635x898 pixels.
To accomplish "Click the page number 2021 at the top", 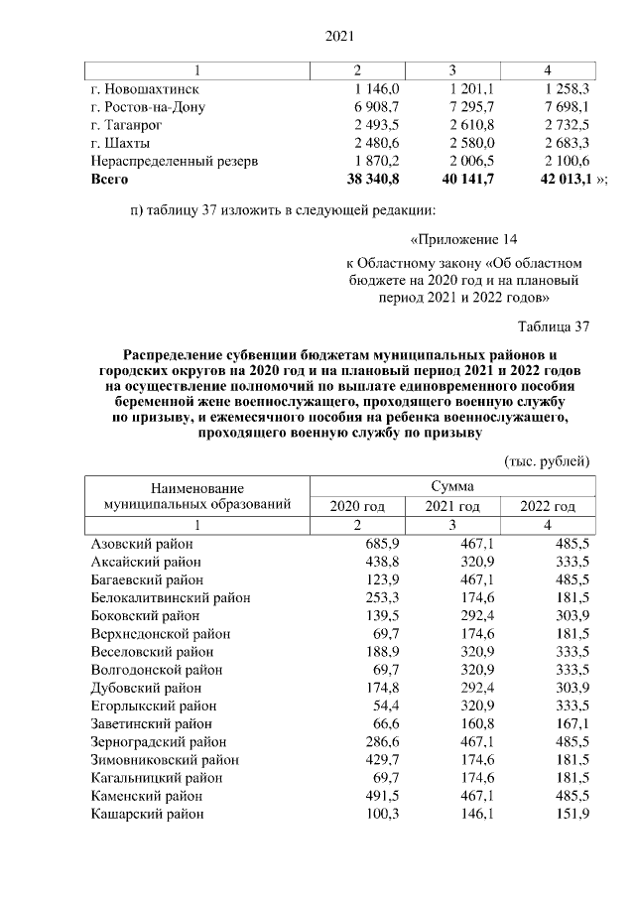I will coord(340,36).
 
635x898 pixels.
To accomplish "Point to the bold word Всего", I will coord(109,179).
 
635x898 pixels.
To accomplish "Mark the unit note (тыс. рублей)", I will coord(548,461).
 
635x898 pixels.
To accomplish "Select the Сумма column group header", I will coord(452,487).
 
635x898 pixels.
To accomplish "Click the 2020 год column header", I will coord(357,506).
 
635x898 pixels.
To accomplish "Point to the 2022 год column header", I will coord(548,506).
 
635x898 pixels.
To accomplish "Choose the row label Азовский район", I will coord(142,544).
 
